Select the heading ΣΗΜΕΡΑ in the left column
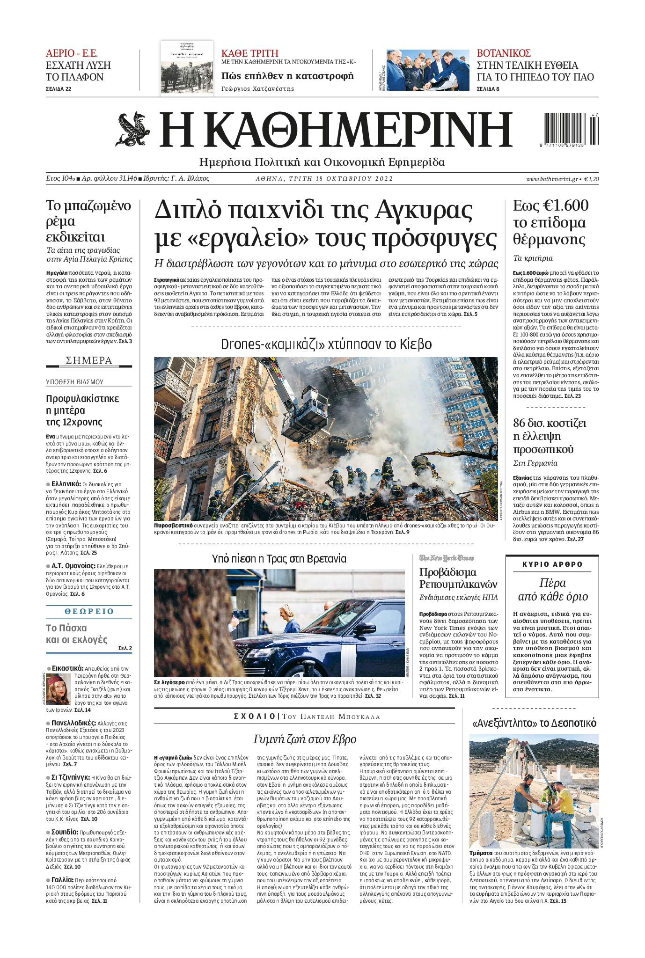pyautogui.click(x=89, y=360)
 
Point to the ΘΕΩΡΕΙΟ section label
pyautogui.click(x=89, y=611)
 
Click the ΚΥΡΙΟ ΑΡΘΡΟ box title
pyautogui.click(x=552, y=564)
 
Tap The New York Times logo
pyautogui.click(x=447, y=558)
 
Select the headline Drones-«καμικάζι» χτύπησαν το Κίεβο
pyautogui.click(x=326, y=344)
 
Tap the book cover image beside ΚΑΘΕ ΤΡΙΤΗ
pyautogui.click(x=187, y=69)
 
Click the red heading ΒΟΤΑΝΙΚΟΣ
pyautogui.click(x=504, y=53)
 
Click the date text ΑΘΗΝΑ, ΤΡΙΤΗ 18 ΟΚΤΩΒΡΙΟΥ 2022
pyautogui.click(x=324, y=178)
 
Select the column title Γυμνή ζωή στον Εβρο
pyautogui.click(x=305, y=739)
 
